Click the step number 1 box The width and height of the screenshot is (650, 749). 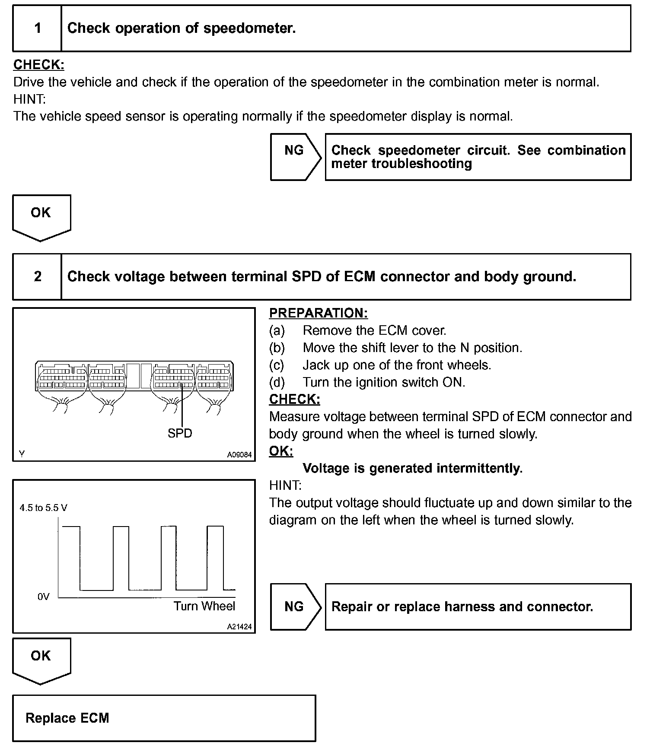tap(38, 29)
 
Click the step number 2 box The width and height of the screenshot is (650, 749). tap(38, 276)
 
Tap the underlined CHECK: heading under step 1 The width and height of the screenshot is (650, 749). tap(39, 65)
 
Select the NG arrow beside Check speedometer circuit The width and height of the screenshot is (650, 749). tap(295, 156)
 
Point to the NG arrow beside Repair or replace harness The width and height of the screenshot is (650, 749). tap(295, 606)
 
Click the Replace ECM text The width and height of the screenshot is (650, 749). tap(67, 718)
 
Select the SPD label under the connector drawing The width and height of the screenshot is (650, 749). tap(180, 433)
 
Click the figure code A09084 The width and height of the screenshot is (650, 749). tap(239, 454)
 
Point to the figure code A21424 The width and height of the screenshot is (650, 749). tap(239, 627)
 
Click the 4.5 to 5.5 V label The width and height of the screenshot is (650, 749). tap(43, 508)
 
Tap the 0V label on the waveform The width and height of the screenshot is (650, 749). tap(43, 597)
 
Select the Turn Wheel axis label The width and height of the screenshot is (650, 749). tap(204, 606)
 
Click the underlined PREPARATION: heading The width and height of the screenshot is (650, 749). tap(319, 313)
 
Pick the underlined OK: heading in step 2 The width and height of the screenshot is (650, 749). tap(281, 451)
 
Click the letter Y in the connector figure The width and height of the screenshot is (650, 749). tap(22, 454)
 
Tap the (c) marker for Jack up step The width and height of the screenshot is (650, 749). tap(277, 365)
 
